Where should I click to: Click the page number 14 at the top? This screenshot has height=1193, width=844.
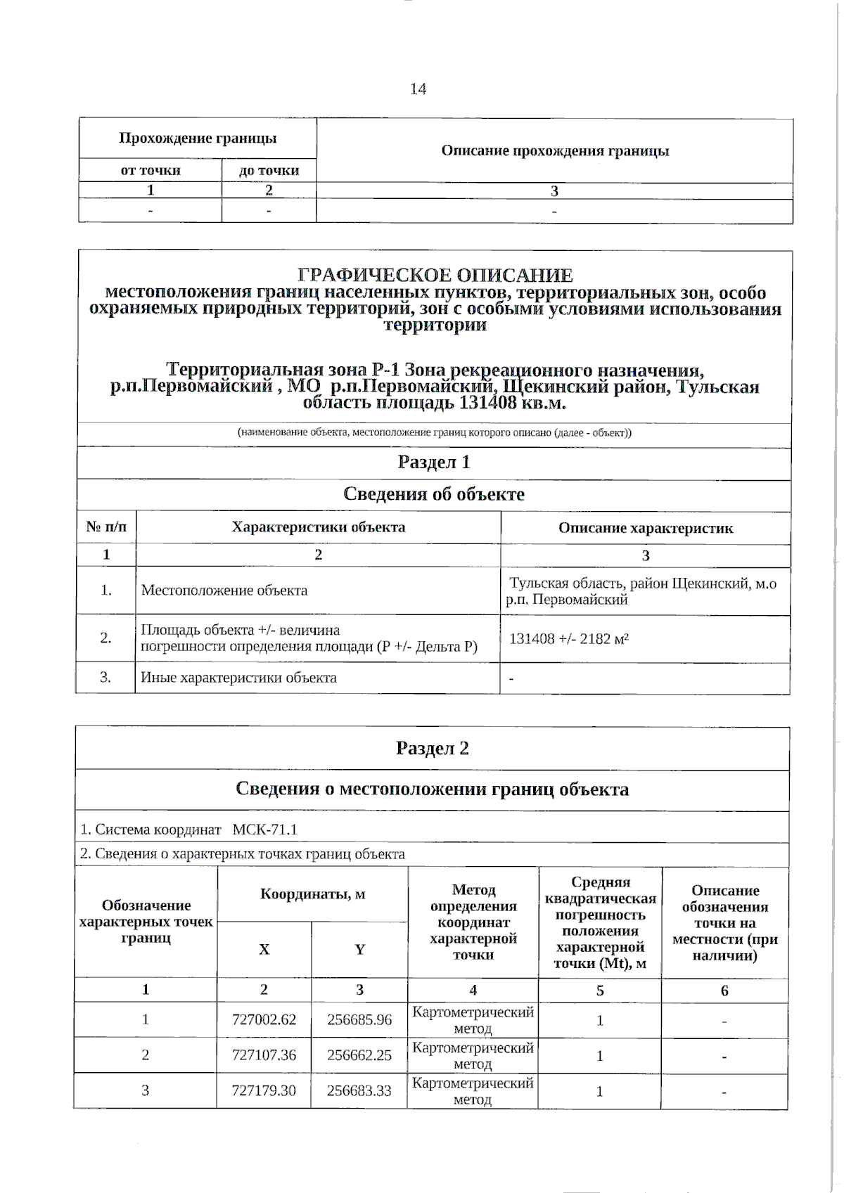coord(418,89)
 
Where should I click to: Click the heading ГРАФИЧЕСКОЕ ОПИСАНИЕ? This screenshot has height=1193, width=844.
coord(435,276)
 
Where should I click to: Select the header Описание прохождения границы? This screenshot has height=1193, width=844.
coord(555,151)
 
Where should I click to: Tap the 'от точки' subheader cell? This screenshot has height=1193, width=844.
coord(151,171)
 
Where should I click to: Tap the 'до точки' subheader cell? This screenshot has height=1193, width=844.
coord(269,171)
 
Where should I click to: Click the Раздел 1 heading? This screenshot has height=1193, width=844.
coord(434,463)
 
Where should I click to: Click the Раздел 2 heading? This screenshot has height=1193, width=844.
coord(432,748)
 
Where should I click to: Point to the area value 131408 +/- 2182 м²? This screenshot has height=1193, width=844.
coord(568,639)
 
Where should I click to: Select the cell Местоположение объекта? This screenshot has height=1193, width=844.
coord(224,591)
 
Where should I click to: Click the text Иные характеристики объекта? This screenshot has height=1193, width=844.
coord(239,678)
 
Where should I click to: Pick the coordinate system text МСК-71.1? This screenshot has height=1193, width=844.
coord(264,830)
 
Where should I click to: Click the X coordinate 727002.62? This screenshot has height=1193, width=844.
coord(264,1019)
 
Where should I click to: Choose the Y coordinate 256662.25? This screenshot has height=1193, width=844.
coord(359,1055)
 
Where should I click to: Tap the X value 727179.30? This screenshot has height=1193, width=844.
coord(264,1091)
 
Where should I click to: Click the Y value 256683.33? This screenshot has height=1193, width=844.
coord(359,1091)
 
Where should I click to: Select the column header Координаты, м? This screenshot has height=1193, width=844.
coord(312,894)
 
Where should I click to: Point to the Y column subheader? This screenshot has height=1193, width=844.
coord(359,950)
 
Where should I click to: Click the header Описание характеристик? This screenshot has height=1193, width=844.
coord(646,528)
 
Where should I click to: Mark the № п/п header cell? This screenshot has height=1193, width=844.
coord(106,527)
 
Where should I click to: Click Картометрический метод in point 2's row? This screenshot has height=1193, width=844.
coord(473,1055)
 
